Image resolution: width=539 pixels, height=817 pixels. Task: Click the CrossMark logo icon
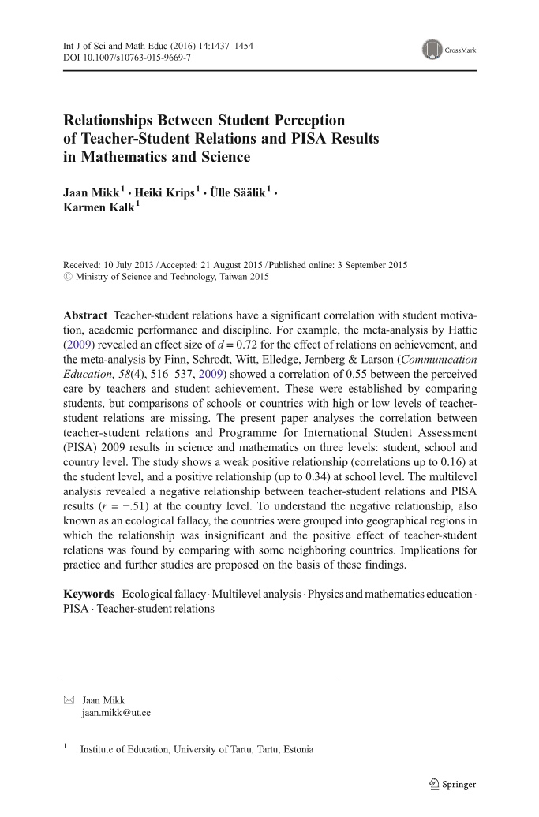click(432, 50)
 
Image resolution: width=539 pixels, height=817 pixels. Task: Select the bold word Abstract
click(84, 315)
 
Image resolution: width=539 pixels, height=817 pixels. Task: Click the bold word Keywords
click(88, 593)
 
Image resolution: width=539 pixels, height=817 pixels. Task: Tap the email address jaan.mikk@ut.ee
click(116, 713)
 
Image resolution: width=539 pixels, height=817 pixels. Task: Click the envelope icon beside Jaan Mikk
click(68, 700)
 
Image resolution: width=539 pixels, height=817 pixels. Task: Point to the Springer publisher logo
click(452, 784)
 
